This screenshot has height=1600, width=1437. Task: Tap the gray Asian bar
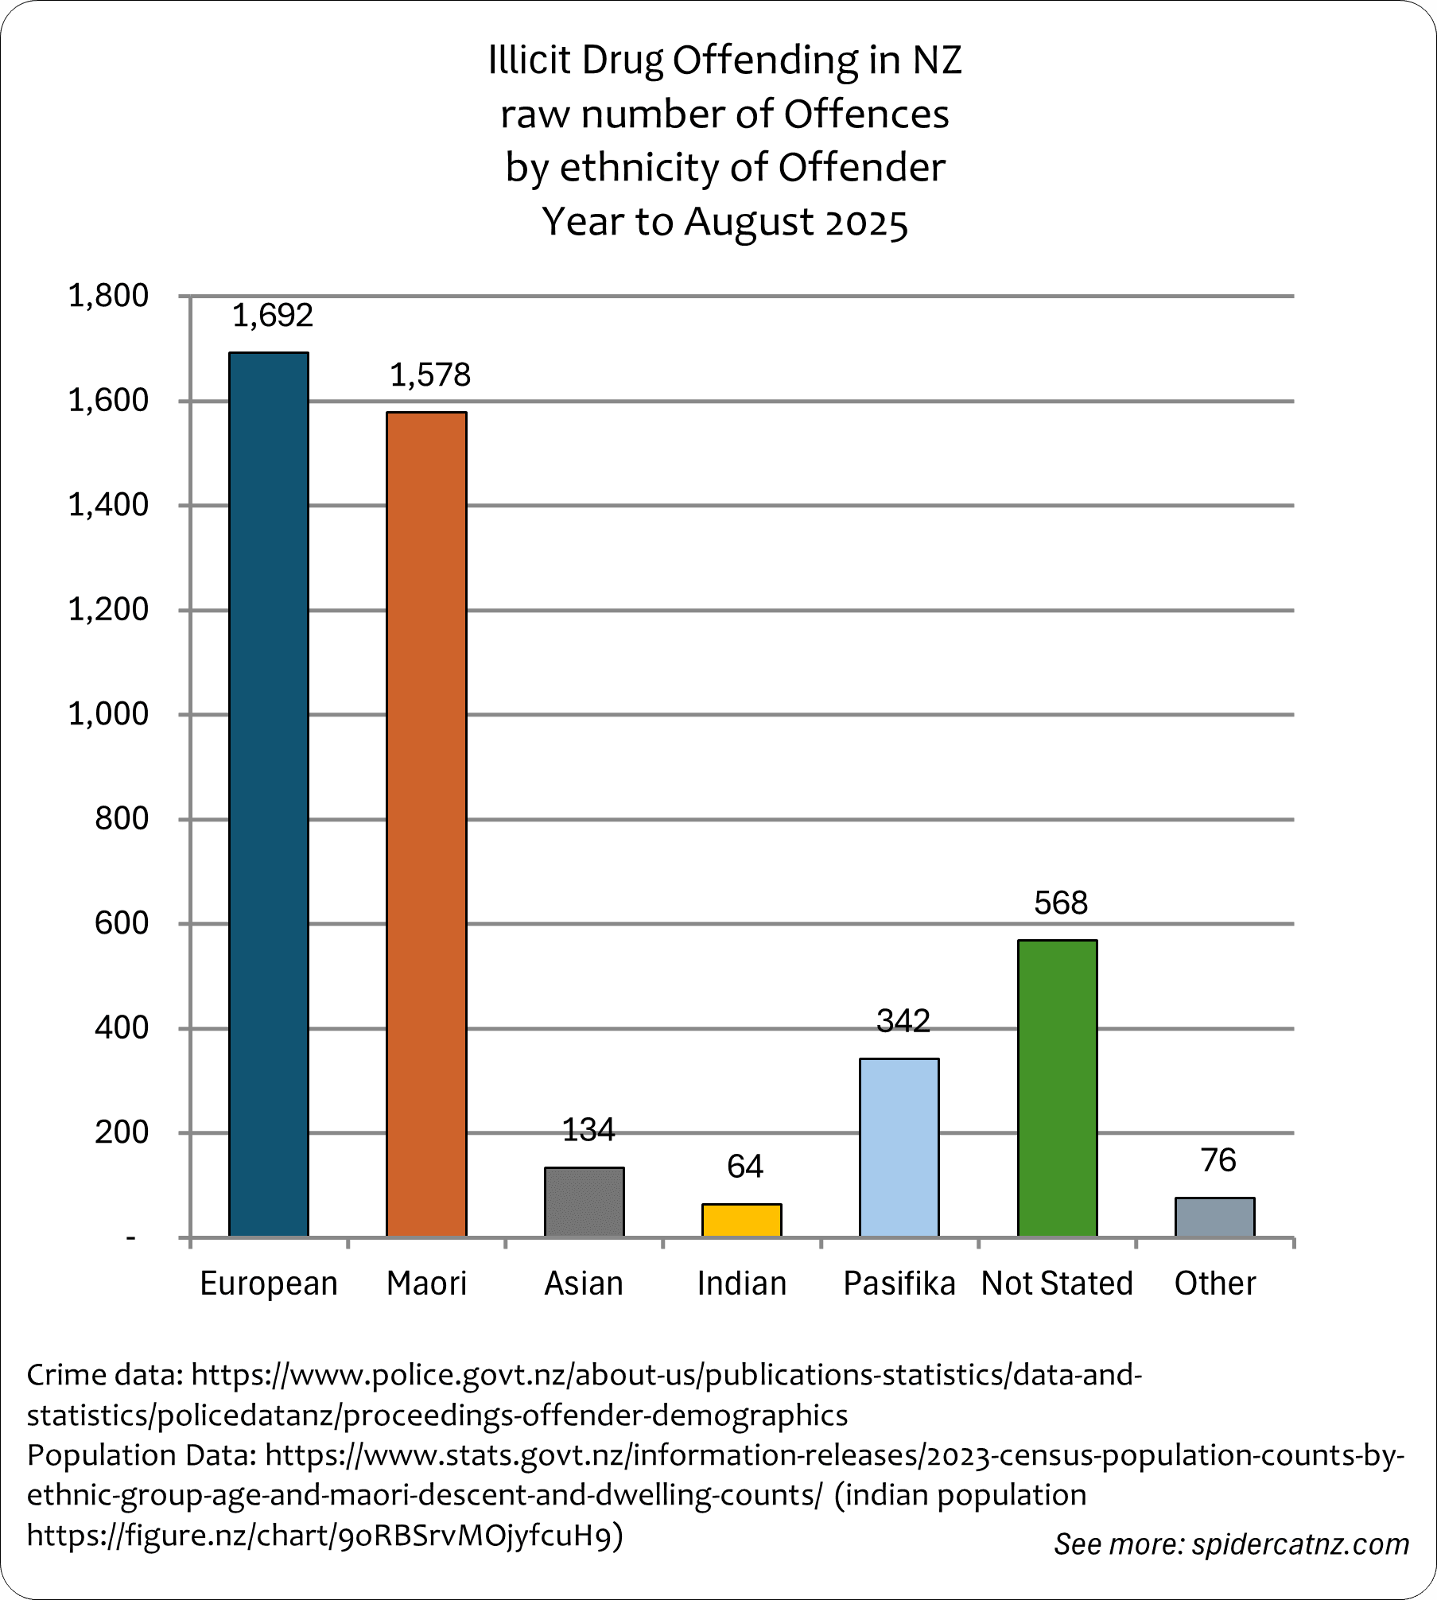click(584, 1202)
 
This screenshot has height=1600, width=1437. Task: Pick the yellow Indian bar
click(741, 1220)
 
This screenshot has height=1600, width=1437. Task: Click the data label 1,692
click(273, 316)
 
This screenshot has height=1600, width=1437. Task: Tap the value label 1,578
click(430, 375)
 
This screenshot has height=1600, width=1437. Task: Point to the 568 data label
click(1061, 903)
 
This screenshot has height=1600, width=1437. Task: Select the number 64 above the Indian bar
click(745, 1167)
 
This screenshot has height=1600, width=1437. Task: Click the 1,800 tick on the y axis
click(108, 296)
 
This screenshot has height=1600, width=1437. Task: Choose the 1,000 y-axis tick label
click(108, 714)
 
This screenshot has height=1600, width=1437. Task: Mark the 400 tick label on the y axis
click(121, 1028)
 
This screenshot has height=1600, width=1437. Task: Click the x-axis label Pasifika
click(899, 1283)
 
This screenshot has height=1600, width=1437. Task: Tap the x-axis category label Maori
click(426, 1283)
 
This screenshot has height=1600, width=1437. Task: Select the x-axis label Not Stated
click(1057, 1283)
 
